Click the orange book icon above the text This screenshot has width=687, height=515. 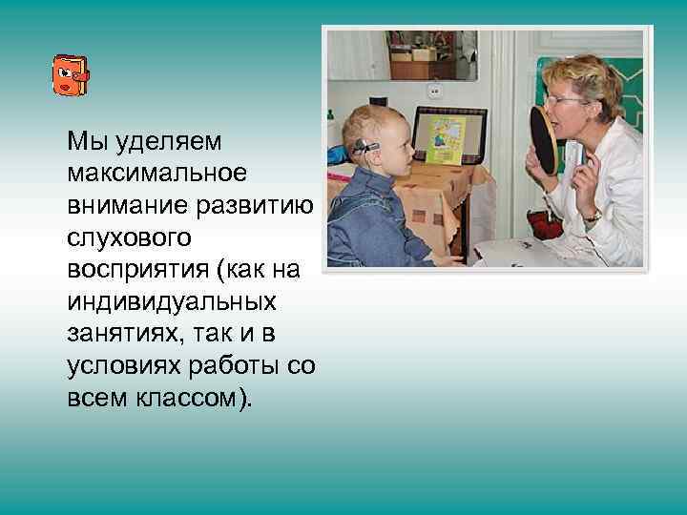point(70,74)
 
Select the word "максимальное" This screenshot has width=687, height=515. point(156,173)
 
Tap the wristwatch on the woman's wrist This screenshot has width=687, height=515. point(592,216)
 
